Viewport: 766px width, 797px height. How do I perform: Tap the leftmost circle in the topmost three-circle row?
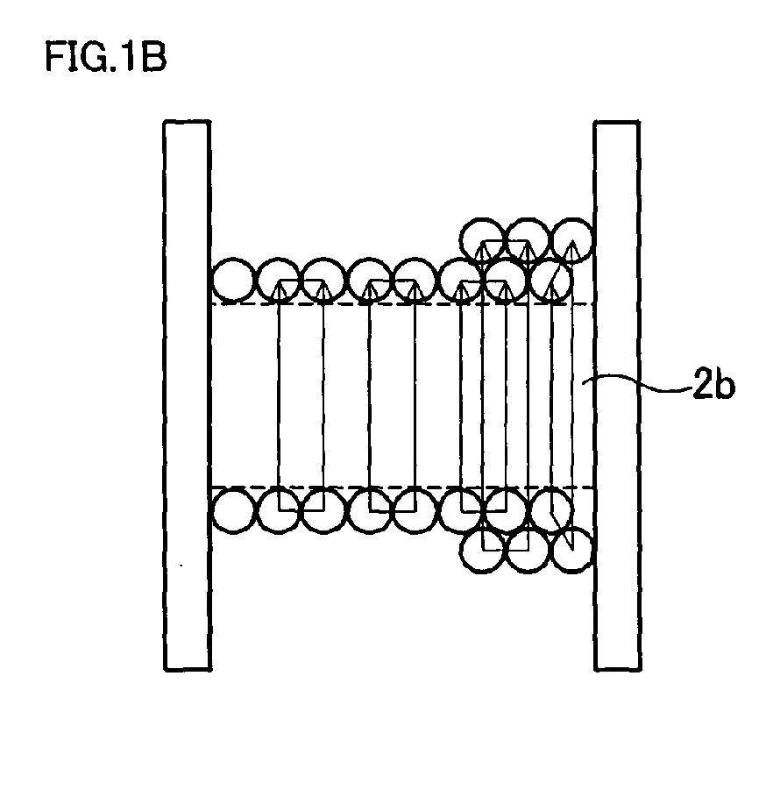click(x=483, y=238)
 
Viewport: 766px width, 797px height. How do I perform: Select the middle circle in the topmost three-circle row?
click(x=528, y=238)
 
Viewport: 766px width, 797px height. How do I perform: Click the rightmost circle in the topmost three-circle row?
click(x=572, y=238)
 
